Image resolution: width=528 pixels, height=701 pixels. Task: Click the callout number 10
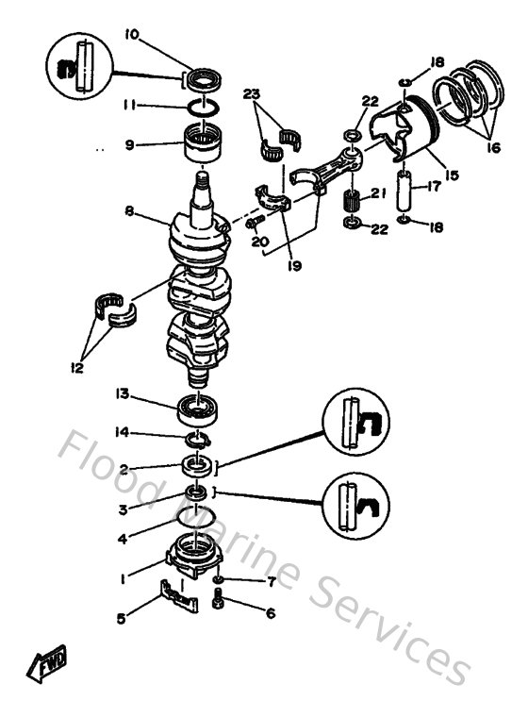click(x=132, y=35)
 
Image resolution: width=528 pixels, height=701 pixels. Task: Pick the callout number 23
click(x=251, y=95)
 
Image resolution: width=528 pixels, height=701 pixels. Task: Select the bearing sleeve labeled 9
click(x=206, y=143)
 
